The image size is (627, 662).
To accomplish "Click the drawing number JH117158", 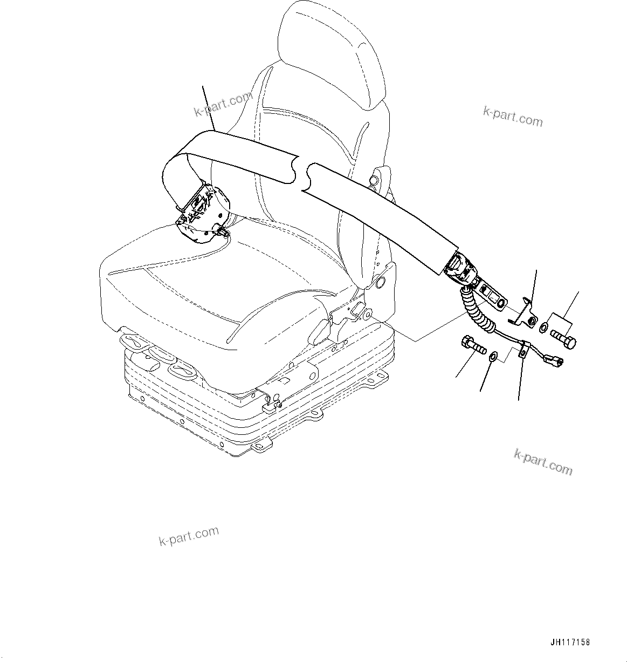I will (x=570, y=643).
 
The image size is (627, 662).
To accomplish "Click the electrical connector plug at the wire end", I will (x=555, y=360).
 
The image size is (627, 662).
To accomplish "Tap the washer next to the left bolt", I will (x=493, y=357).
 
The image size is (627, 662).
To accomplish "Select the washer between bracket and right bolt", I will (x=545, y=327).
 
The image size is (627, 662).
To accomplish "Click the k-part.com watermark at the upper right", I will (x=512, y=116).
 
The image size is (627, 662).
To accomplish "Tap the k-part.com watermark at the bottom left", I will (x=189, y=535).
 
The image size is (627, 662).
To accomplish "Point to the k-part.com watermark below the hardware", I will (x=543, y=462).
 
